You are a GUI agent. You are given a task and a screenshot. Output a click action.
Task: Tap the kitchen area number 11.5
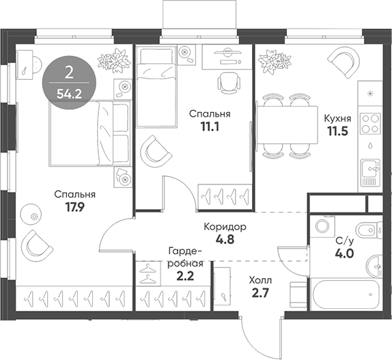click(338, 131)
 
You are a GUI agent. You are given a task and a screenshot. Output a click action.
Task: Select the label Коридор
click(225, 227)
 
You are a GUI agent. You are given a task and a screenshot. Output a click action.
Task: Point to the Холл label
click(260, 281)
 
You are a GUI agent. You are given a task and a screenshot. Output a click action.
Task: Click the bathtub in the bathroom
click(346, 294)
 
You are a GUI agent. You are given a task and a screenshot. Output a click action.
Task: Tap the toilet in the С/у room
click(369, 230)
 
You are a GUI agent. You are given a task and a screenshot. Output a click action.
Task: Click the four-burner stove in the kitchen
click(370, 124)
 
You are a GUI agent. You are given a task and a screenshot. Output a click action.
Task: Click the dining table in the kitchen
click(288, 125)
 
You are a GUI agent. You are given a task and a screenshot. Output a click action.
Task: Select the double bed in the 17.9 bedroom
click(90, 133)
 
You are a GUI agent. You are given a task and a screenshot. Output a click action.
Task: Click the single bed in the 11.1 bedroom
click(156, 87)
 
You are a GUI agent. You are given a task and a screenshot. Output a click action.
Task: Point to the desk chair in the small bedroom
click(229, 83)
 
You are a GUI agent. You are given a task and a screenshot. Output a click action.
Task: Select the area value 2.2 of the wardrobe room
click(185, 277)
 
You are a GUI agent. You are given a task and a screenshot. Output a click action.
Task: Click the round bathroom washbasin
click(374, 266)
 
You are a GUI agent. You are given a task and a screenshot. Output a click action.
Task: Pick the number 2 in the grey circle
click(69, 73)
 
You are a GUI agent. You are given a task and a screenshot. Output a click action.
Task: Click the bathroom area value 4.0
click(344, 254)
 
